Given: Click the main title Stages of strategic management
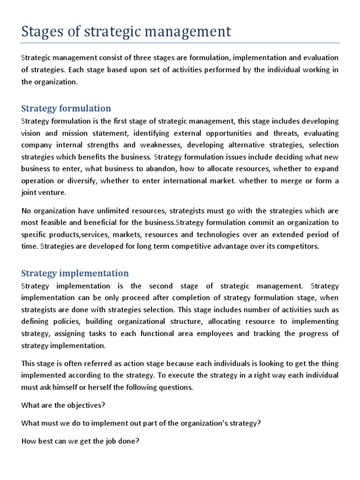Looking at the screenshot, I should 126,31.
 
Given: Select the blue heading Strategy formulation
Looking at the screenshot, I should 66,109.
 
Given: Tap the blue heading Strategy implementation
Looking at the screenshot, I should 75,273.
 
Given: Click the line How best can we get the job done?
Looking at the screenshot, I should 80,441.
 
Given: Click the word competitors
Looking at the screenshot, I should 300,246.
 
